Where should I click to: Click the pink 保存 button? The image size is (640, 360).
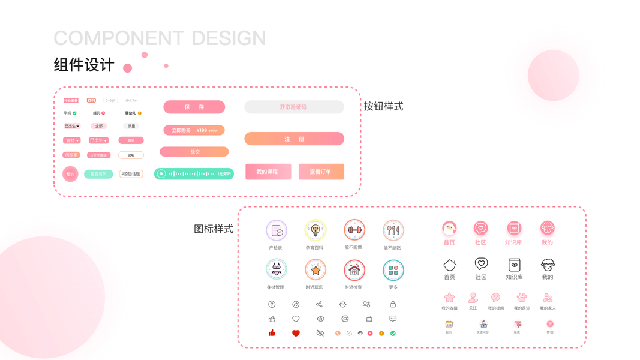(194, 107)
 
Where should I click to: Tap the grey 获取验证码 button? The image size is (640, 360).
(294, 107)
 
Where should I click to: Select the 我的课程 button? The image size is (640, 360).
(268, 172)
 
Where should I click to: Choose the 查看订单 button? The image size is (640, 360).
(321, 172)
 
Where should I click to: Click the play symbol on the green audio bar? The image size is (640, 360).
(161, 174)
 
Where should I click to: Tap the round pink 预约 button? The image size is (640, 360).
(70, 174)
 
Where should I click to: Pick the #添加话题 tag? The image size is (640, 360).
(131, 174)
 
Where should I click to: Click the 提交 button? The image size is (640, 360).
(194, 152)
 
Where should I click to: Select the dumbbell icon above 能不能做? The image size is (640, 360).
(354, 230)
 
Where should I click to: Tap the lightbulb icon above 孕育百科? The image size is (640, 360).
(315, 230)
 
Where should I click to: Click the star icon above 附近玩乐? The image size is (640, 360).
(315, 270)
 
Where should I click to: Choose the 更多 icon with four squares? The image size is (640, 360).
(393, 271)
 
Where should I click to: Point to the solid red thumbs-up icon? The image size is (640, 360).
(272, 333)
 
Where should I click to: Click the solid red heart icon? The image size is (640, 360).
(296, 333)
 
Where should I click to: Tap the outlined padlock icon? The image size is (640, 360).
(393, 304)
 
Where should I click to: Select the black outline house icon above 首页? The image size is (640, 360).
(449, 265)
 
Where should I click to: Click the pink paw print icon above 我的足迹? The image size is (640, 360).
(522, 298)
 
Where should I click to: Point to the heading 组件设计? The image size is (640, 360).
(84, 65)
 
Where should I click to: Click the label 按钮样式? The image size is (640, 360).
(383, 107)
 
